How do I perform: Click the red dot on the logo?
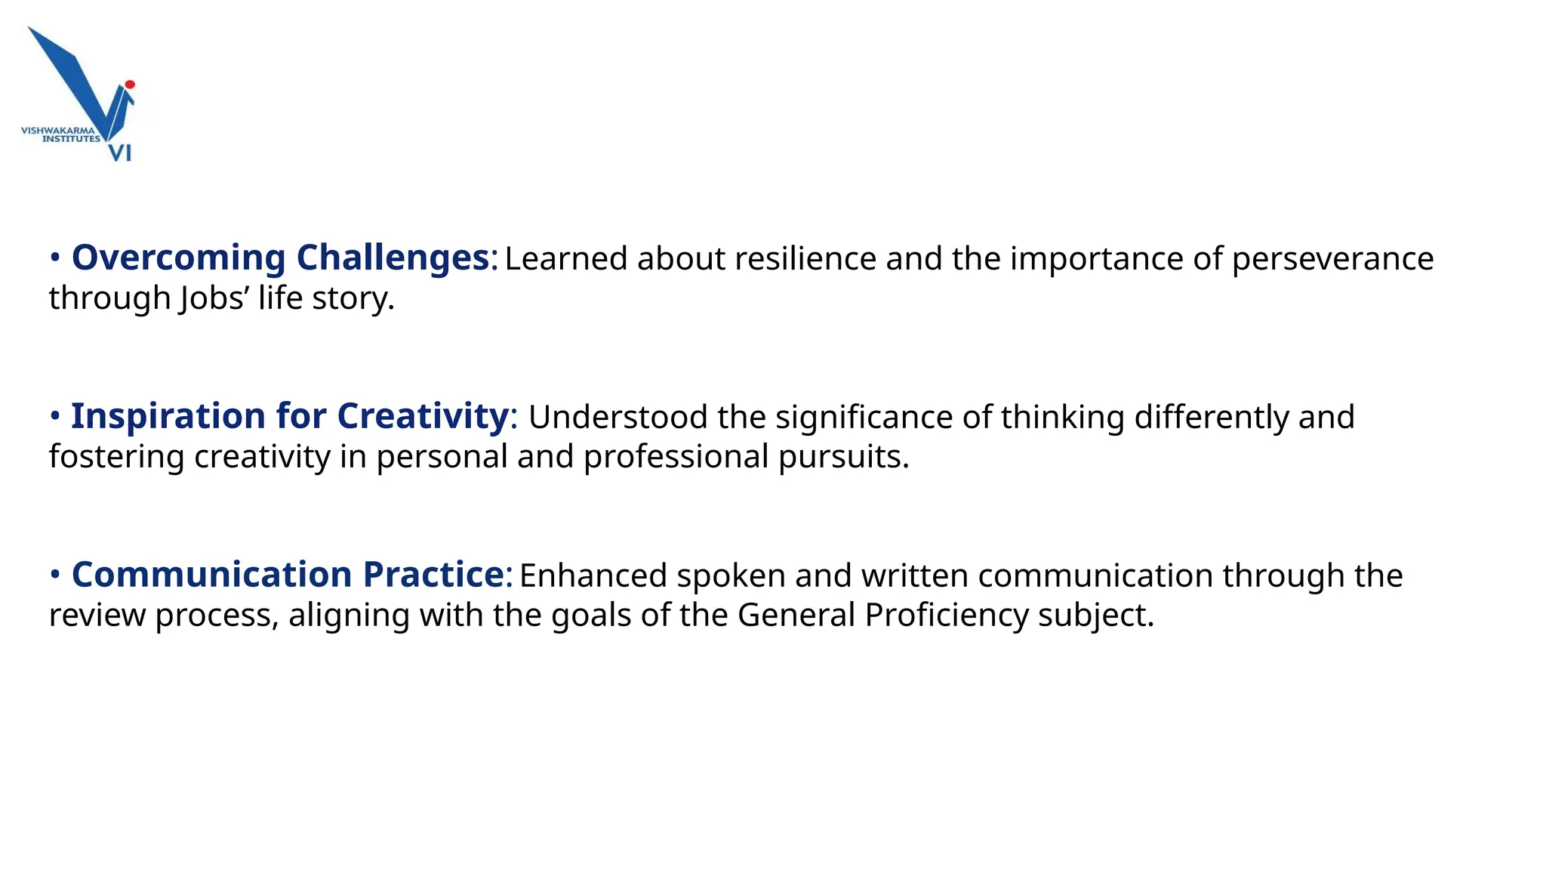click(x=130, y=85)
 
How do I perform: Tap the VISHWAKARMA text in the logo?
click(x=58, y=131)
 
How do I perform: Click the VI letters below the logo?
click(x=121, y=153)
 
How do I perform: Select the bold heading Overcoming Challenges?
click(x=280, y=258)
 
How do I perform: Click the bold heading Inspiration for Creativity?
click(x=290, y=416)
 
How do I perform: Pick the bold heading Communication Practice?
click(x=288, y=575)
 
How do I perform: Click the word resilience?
click(x=805, y=259)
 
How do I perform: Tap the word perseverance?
click(x=1332, y=259)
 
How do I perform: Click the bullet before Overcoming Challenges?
click(x=55, y=258)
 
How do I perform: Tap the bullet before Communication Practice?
click(x=55, y=575)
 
